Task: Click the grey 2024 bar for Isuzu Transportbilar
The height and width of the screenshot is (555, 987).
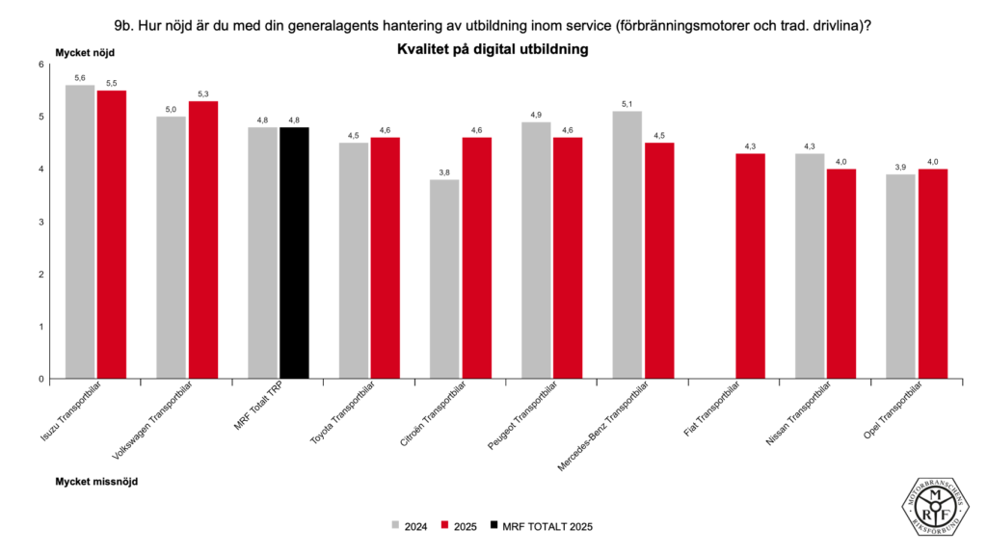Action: click(x=80, y=231)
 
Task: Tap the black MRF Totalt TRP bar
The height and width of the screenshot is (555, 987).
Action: click(x=294, y=252)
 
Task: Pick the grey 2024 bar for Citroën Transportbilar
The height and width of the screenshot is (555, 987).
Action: click(x=444, y=278)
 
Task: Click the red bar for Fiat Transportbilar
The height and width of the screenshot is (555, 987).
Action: click(x=749, y=266)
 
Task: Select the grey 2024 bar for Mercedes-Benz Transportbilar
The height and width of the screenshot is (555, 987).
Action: click(x=627, y=245)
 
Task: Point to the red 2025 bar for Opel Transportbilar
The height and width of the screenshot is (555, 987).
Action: click(x=932, y=274)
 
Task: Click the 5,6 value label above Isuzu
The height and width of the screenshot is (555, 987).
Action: click(x=80, y=78)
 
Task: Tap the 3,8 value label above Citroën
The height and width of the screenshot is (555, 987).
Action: click(x=444, y=172)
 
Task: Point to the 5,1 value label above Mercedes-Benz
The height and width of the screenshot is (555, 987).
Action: click(x=627, y=104)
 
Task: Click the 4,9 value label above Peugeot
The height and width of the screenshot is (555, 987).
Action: click(x=536, y=115)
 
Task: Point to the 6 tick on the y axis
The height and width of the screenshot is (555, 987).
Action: click(x=41, y=65)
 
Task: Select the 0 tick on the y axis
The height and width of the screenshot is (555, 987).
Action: click(x=41, y=379)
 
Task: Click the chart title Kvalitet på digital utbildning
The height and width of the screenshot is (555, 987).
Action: click(x=493, y=48)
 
